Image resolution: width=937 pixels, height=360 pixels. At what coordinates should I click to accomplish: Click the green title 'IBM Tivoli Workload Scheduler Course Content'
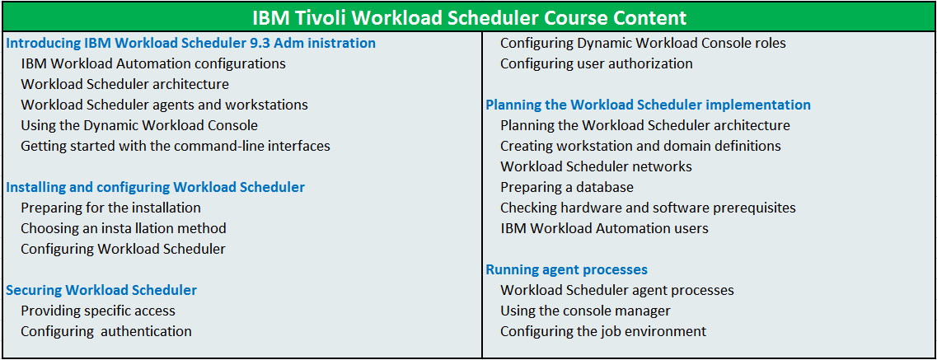coord(469,17)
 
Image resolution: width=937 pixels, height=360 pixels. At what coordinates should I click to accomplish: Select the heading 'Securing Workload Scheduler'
coord(101,290)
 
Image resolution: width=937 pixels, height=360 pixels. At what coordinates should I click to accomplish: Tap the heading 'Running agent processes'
coord(566,270)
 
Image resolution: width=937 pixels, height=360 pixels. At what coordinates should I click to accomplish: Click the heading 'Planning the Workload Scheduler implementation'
coord(649,105)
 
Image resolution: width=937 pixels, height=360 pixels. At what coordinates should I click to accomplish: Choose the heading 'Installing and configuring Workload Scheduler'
coord(156,188)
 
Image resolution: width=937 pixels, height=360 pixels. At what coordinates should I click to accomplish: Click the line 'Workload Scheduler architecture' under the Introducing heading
coord(125,84)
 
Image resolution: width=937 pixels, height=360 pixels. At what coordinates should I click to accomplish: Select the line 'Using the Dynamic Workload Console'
coord(139,125)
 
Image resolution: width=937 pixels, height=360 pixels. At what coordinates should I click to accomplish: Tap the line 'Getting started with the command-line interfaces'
coord(176,146)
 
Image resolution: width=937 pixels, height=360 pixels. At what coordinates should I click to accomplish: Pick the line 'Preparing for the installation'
coord(110,208)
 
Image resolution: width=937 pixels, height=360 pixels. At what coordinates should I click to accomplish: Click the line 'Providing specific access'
coord(98,311)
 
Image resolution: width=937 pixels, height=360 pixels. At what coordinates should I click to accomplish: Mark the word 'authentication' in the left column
coord(147,331)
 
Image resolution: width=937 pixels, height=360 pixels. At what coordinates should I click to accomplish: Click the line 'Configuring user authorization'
coord(597,64)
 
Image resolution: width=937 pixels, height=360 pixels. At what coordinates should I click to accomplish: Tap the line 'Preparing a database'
coord(566,188)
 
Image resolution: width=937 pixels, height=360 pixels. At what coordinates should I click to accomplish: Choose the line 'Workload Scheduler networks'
coord(596,166)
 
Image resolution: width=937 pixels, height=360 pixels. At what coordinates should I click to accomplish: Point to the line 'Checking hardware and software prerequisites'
coord(648,208)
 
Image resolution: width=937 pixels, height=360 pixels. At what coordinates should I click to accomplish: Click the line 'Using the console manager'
coord(585,311)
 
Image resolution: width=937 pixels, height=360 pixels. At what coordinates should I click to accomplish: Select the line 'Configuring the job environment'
coord(603,331)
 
